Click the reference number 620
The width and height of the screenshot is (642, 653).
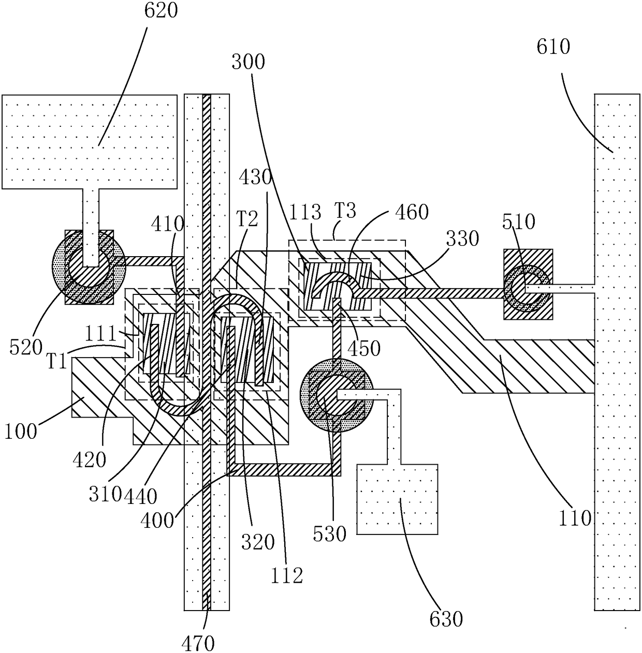(160, 10)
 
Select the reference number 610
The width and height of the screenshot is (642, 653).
(553, 47)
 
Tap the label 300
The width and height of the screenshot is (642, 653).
(248, 62)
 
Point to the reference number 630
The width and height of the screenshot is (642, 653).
(446, 619)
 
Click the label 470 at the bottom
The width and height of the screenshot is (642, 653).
(198, 643)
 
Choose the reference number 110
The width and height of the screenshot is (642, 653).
(575, 518)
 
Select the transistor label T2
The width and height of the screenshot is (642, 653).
(247, 218)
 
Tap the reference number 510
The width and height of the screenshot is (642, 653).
(519, 222)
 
